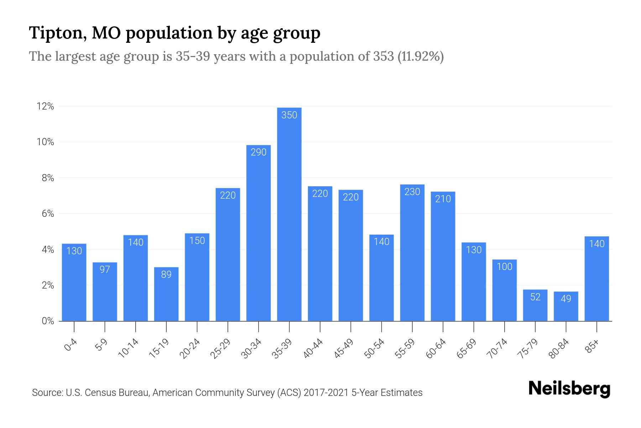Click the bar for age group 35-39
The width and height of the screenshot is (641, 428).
[289, 214]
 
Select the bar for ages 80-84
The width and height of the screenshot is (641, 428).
[566, 306]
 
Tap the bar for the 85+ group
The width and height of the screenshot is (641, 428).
[596, 279]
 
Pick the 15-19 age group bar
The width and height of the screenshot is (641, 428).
[166, 294]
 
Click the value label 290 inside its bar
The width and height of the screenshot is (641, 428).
[259, 152]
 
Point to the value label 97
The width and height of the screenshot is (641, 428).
[105, 269]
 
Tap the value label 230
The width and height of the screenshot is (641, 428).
[412, 192]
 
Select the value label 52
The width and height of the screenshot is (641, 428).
[535, 297]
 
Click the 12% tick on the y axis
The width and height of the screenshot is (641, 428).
[45, 106]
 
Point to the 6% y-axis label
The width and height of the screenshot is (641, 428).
[48, 214]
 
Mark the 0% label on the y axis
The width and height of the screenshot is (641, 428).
[48, 321]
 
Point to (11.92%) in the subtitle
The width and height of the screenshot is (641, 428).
[420, 56]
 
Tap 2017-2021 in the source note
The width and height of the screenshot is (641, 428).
[326, 393]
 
